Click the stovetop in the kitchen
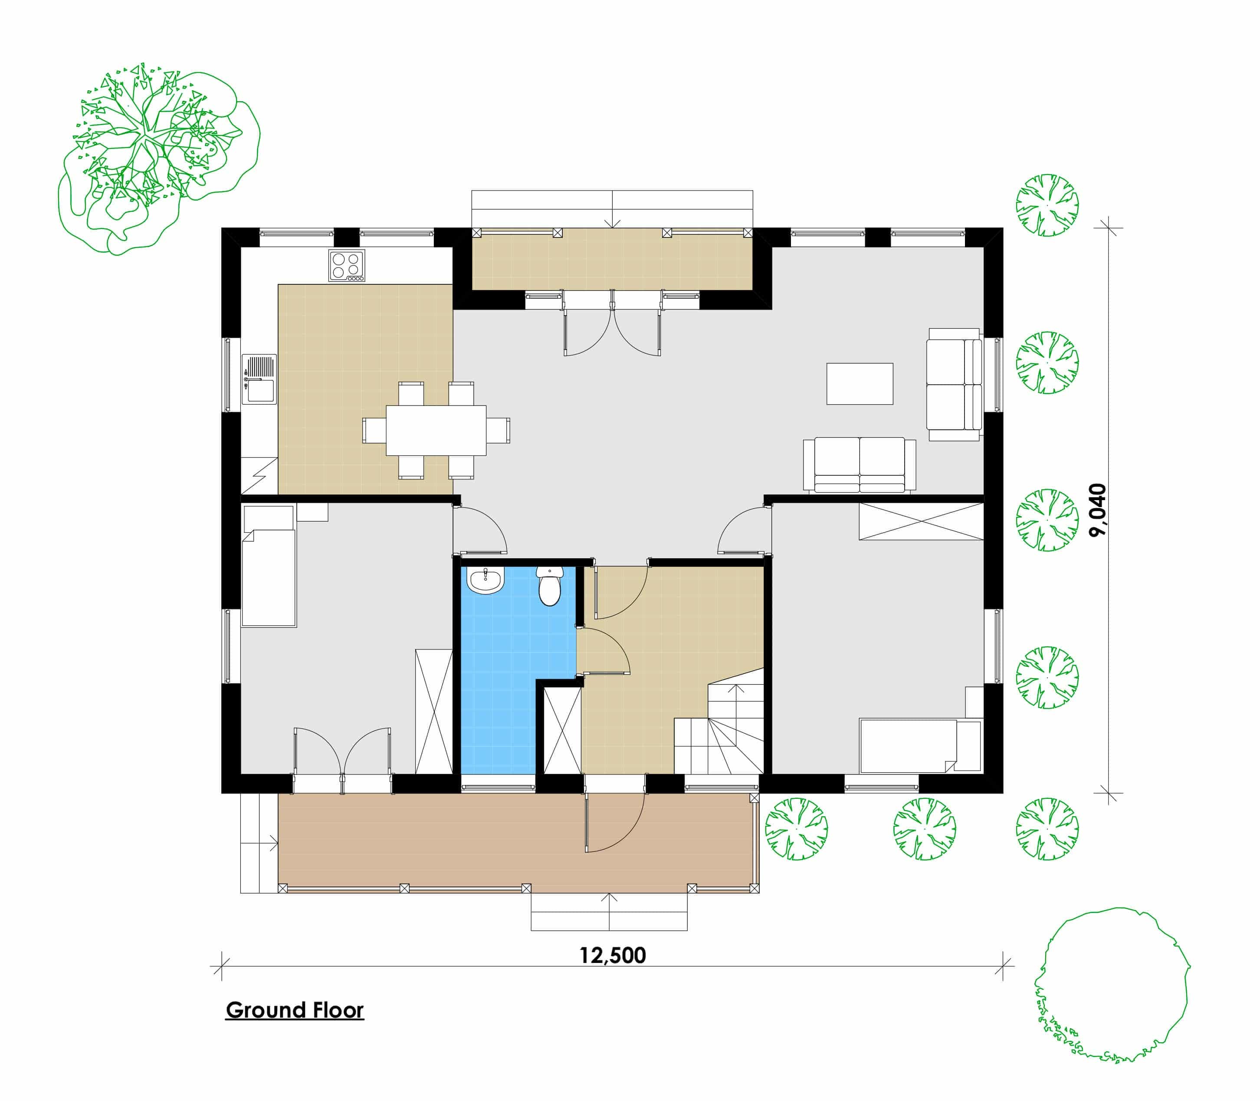click(346, 265)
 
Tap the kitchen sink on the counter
click(260, 379)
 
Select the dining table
click(436, 430)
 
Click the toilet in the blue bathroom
click(550, 586)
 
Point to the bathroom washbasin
click(486, 580)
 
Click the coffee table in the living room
click(860, 383)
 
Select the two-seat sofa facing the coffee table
click(860, 465)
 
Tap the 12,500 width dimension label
click(613, 956)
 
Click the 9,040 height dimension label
click(1097, 510)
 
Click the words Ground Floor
click(295, 1010)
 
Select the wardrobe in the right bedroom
click(921, 521)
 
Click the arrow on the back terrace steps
click(612, 209)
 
